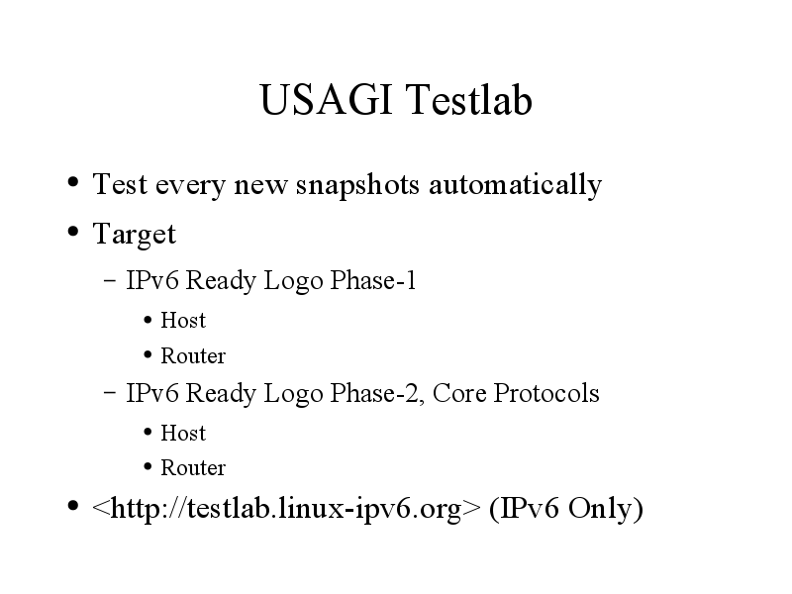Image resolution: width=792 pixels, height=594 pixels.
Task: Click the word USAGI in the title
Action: (326, 100)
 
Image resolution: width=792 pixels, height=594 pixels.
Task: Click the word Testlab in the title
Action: (468, 100)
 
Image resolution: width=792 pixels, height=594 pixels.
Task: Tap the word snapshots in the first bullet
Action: (357, 185)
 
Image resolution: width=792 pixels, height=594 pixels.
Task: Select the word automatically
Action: (515, 185)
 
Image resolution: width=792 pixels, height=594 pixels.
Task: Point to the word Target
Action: (135, 235)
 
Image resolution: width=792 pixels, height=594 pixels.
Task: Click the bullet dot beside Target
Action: (73, 232)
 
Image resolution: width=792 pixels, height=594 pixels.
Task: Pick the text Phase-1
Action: (373, 280)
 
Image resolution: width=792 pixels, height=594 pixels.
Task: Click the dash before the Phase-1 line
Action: (110, 279)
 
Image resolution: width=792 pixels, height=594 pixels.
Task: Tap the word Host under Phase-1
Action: (183, 320)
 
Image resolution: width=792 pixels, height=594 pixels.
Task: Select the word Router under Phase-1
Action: (193, 356)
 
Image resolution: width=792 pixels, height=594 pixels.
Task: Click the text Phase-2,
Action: (377, 393)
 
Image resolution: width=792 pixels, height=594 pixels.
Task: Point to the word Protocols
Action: (546, 393)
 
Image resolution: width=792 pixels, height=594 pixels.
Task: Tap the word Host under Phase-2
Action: (183, 433)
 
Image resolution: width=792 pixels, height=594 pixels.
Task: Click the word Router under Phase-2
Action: (193, 467)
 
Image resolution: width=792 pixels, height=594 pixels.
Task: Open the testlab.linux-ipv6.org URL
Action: (286, 509)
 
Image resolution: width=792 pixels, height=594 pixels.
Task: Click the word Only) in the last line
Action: (606, 509)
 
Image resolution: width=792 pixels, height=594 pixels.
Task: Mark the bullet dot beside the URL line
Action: (73, 505)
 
